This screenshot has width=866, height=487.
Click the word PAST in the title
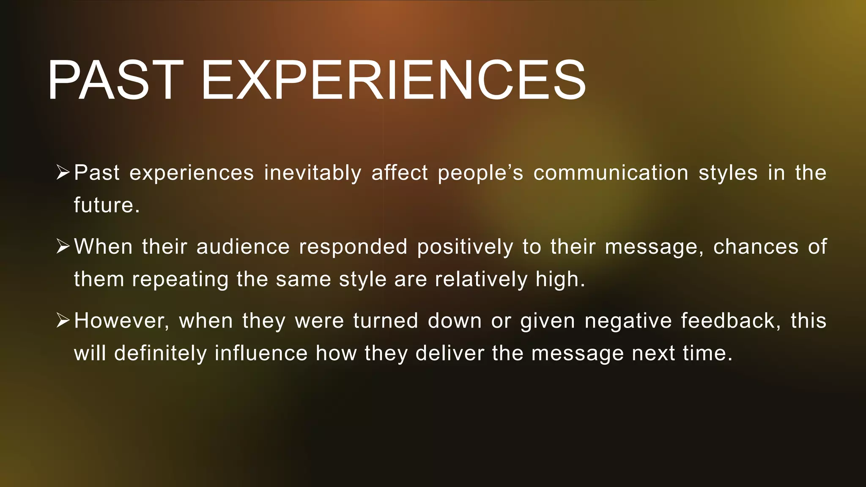click(115, 80)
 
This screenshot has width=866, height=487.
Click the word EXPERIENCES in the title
click(394, 80)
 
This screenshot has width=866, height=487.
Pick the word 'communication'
click(611, 173)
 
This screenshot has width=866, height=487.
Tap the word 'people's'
click(480, 173)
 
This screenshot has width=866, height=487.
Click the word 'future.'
click(107, 205)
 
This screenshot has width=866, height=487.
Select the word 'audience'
click(243, 247)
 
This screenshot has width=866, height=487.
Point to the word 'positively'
click(465, 247)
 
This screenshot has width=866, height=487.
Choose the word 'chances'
click(756, 247)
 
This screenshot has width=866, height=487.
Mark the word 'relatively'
click(481, 279)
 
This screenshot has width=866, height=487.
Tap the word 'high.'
click(560, 279)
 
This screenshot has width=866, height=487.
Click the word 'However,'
click(122, 321)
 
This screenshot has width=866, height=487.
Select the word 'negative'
click(628, 321)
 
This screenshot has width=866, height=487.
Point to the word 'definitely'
click(160, 353)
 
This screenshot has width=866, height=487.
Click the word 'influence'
click(261, 353)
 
